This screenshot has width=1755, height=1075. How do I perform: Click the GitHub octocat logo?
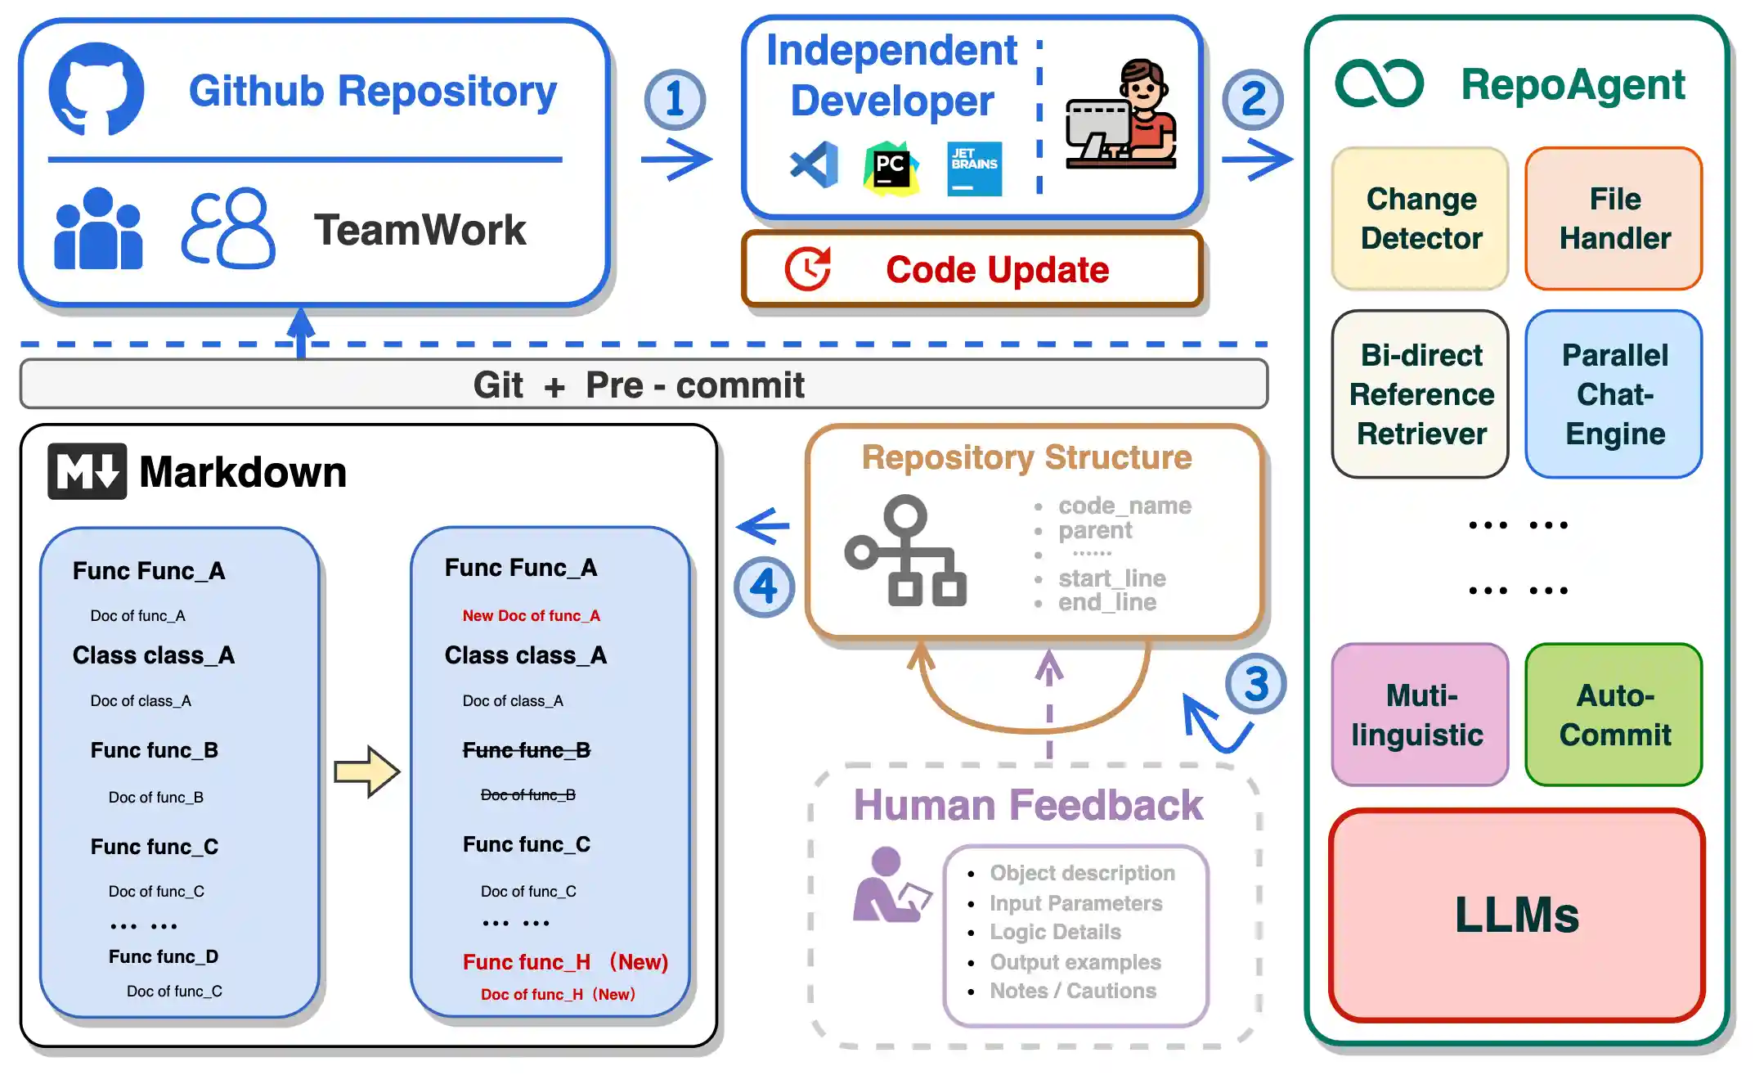click(97, 89)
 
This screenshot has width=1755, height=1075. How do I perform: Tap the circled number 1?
click(675, 100)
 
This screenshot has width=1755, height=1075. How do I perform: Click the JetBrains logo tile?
click(974, 169)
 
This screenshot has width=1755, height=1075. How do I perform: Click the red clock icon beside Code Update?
click(808, 269)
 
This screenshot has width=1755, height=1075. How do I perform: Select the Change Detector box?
click(1421, 219)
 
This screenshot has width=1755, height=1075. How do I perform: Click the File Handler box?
click(1614, 219)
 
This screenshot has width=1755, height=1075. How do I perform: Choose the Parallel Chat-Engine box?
click(1614, 394)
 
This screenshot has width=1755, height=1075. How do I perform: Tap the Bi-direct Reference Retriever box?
click(1421, 394)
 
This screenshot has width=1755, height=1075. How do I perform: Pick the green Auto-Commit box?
click(1614, 715)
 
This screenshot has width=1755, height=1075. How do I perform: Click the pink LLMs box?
click(1517, 915)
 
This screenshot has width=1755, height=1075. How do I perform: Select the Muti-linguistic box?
click(1419, 715)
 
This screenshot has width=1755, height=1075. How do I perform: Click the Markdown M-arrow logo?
click(88, 471)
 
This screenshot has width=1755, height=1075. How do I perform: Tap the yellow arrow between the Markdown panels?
click(367, 771)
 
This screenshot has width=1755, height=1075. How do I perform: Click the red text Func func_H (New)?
click(564, 962)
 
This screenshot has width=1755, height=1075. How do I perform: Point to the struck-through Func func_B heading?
click(526, 750)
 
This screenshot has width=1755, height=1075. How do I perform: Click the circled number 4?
click(764, 587)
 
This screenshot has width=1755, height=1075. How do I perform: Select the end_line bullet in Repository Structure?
click(1106, 603)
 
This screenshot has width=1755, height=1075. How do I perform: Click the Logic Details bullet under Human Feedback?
click(1055, 933)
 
